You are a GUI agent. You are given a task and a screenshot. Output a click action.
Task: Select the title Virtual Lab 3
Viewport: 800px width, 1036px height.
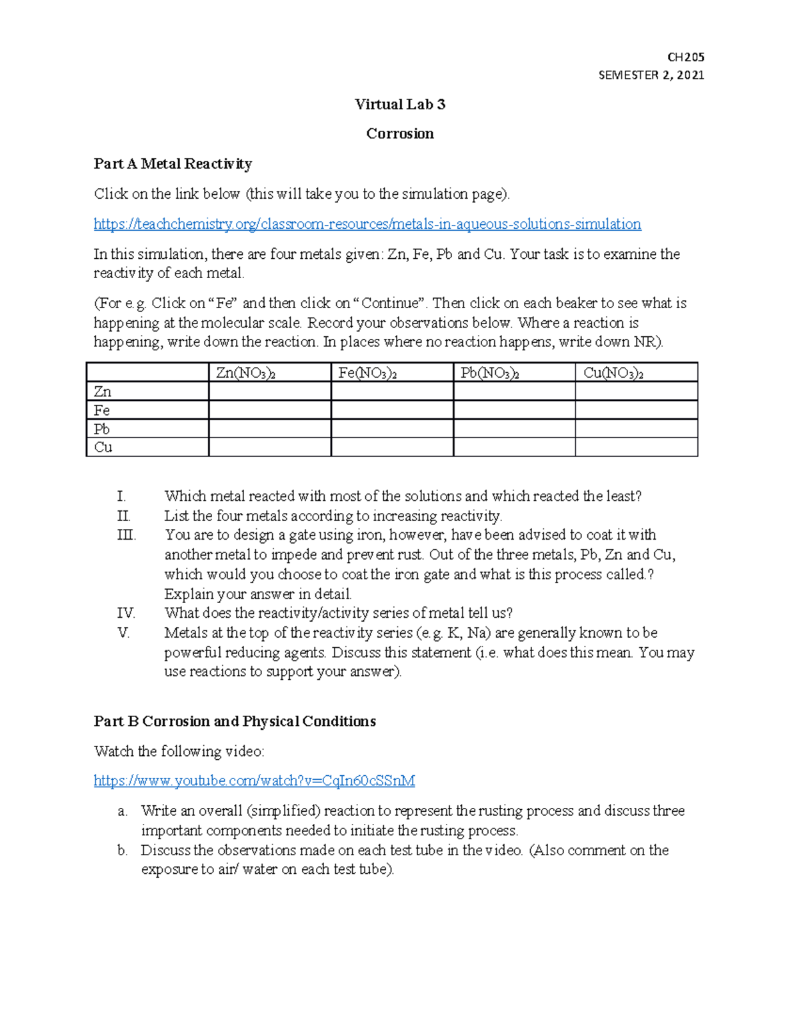[x=400, y=104]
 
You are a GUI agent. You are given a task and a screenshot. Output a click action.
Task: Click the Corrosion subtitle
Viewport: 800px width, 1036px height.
[x=400, y=133]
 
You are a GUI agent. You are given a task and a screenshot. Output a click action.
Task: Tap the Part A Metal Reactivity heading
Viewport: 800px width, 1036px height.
[x=173, y=163]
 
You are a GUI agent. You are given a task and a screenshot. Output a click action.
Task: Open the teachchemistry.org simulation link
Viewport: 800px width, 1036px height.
[x=367, y=224]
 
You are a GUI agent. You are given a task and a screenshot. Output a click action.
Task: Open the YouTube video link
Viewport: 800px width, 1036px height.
[x=254, y=781]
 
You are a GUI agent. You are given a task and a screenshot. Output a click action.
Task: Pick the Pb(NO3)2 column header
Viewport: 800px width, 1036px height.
[x=490, y=373]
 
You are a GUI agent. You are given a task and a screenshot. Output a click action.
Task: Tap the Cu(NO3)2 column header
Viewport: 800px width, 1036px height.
[x=613, y=373]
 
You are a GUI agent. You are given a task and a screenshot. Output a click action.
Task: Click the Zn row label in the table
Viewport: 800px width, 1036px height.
[x=103, y=392]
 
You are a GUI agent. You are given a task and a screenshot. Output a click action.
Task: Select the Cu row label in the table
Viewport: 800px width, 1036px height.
[x=103, y=447]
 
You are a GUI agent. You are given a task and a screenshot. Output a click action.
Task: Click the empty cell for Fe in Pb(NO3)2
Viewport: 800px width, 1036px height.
[x=514, y=410]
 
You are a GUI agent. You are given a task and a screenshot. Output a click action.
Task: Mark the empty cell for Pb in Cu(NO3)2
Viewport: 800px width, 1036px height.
[x=636, y=429]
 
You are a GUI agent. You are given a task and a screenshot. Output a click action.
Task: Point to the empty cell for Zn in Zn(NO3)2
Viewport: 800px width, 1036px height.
[x=269, y=392]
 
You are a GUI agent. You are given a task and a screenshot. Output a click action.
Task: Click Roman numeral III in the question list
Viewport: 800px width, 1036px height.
[x=126, y=535]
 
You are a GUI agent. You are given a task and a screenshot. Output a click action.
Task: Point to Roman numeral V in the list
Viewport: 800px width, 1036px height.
[x=123, y=633]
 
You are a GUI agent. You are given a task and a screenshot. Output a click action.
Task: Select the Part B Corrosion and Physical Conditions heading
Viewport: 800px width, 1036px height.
[x=235, y=721]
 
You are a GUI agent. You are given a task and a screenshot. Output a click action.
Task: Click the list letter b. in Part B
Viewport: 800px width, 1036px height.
[x=122, y=850]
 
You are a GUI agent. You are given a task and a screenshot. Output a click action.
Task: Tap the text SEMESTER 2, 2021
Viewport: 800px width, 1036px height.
[x=651, y=75]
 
